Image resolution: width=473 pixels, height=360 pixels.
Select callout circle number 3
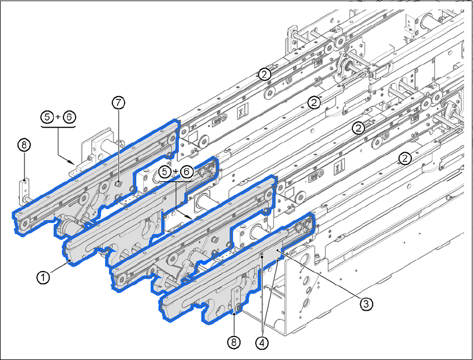tap(366, 303)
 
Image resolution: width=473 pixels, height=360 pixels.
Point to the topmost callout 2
tap(264, 73)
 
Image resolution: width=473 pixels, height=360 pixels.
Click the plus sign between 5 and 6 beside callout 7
tap(58, 117)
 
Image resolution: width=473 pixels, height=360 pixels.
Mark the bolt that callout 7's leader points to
tap(119, 182)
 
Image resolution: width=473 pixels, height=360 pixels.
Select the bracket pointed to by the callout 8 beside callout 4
tap(236, 300)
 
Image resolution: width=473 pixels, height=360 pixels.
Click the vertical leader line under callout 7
tap(118, 144)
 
